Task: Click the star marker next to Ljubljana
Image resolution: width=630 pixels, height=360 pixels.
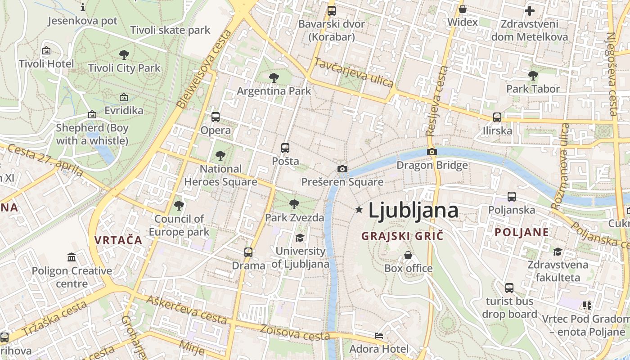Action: click(359, 209)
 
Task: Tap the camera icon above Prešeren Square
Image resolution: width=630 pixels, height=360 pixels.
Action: click(342, 169)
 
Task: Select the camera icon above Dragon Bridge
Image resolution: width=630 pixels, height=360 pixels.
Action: click(432, 152)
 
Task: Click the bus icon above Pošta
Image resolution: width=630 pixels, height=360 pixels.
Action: click(285, 148)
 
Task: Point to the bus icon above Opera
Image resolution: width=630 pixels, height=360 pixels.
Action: click(216, 117)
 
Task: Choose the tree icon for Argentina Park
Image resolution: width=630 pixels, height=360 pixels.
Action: click(274, 78)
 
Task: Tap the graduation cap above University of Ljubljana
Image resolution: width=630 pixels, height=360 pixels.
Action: click(300, 238)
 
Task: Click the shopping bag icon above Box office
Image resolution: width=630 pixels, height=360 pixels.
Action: click(408, 255)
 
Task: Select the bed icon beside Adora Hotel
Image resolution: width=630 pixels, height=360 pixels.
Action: click(379, 336)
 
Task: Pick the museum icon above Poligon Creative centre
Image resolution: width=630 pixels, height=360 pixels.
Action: click(72, 257)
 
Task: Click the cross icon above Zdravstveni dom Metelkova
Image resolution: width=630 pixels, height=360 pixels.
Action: click(530, 10)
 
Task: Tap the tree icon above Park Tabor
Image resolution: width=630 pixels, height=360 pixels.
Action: click(533, 75)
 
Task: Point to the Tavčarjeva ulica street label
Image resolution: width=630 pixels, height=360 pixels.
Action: click(354, 73)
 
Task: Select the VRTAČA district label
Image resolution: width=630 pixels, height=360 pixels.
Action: click(118, 240)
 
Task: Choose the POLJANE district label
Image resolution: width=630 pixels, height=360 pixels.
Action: click(522, 232)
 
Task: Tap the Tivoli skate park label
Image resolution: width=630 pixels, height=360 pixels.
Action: click(170, 30)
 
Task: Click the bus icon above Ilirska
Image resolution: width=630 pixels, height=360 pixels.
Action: click(497, 117)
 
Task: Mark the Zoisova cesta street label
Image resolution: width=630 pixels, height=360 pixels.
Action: click(295, 332)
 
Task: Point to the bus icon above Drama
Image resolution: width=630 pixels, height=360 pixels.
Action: click(248, 252)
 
